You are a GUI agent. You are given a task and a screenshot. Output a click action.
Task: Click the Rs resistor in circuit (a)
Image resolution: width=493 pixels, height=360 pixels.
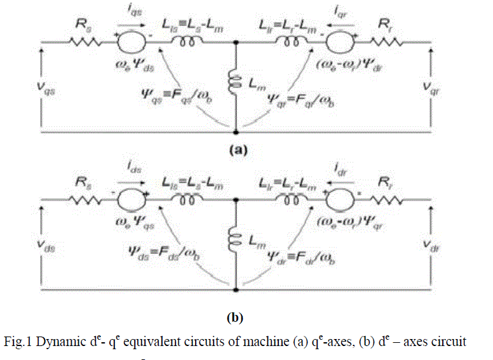(85, 43)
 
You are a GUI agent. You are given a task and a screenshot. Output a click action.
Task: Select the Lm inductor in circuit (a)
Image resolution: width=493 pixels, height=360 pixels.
(234, 81)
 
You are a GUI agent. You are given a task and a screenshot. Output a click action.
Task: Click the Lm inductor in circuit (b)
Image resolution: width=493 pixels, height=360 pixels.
(234, 237)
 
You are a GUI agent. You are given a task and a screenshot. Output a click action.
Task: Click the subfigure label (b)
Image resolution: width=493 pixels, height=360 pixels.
(234, 315)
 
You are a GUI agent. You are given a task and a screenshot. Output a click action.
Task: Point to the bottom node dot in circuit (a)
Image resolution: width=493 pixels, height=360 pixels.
(236, 133)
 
